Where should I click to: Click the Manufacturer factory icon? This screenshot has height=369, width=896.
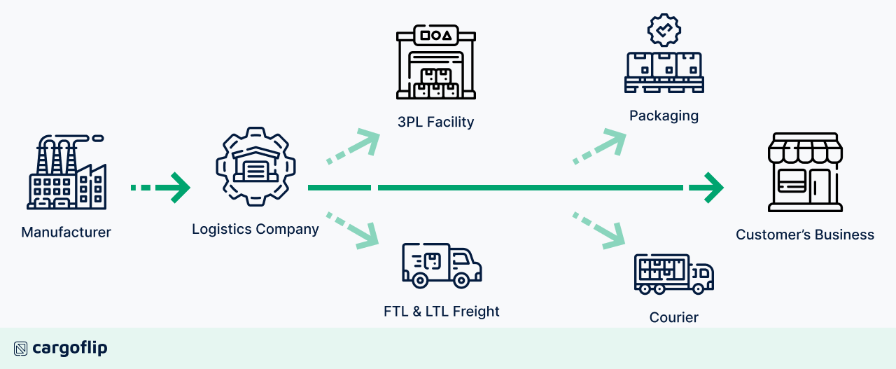pyautogui.click(x=66, y=173)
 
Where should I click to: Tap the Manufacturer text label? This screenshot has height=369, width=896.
pyautogui.click(x=66, y=232)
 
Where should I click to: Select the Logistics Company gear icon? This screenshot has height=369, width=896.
pyautogui.click(x=255, y=167)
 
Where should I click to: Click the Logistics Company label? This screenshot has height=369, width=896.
pyautogui.click(x=255, y=229)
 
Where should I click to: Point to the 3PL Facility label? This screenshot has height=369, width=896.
pyautogui.click(x=435, y=122)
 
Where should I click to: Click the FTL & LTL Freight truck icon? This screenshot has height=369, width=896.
pyautogui.click(x=442, y=265)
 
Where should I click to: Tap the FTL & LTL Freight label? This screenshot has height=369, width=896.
pyautogui.click(x=442, y=311)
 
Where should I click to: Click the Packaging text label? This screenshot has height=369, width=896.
pyautogui.click(x=664, y=116)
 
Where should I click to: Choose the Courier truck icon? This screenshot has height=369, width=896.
pyautogui.click(x=673, y=274)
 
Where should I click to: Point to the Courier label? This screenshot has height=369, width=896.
pyautogui.click(x=673, y=317)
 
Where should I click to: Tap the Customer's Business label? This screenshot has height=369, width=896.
pyautogui.click(x=805, y=235)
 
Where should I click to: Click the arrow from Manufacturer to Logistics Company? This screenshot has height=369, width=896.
pyautogui.click(x=161, y=188)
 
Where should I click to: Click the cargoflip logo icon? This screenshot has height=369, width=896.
pyautogui.click(x=20, y=348)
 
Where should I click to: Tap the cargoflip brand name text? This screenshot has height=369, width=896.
pyautogui.click(x=70, y=348)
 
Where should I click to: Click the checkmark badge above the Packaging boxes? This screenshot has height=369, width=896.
pyautogui.click(x=664, y=29)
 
